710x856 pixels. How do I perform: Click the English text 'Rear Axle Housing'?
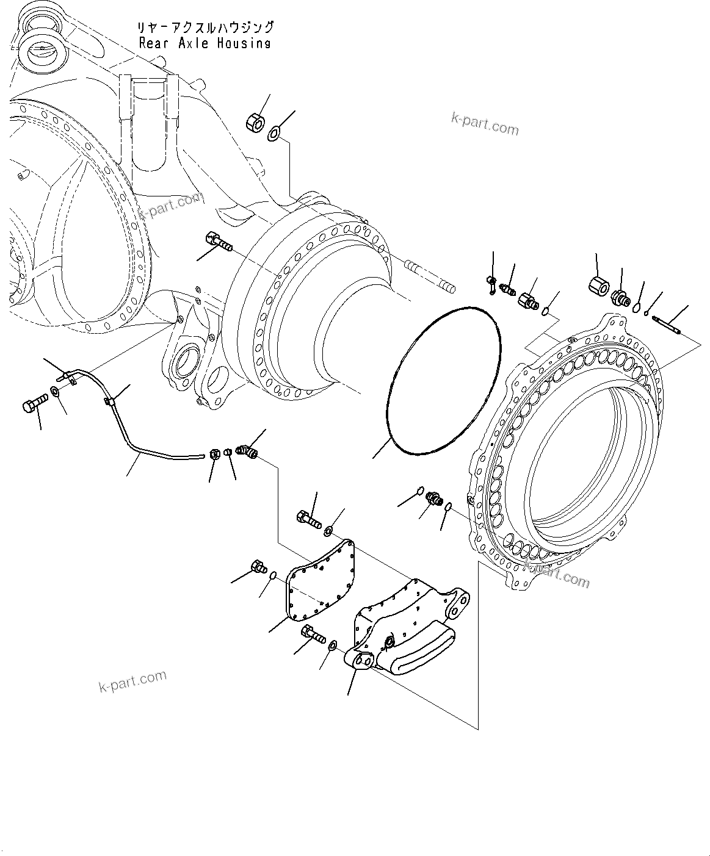[x=205, y=43]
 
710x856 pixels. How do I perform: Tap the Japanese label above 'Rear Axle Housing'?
[x=206, y=27]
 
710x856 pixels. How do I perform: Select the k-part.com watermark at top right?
[x=485, y=124]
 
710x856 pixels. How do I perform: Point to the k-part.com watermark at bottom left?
[x=132, y=682]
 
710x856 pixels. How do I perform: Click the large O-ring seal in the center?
[x=444, y=381]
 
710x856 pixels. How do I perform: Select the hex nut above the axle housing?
[x=255, y=122]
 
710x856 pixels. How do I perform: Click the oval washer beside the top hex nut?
[x=275, y=132]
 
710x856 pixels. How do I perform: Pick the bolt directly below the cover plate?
[x=313, y=636]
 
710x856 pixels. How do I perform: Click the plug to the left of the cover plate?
[x=258, y=567]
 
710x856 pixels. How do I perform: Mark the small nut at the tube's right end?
[x=214, y=453]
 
